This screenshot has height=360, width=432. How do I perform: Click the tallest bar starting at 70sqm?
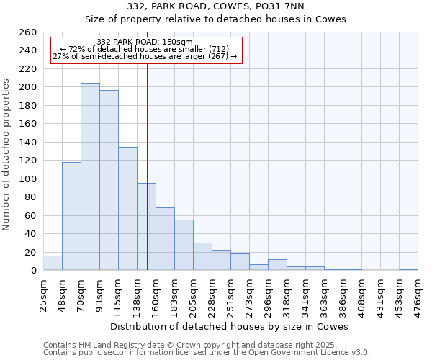click(90, 176)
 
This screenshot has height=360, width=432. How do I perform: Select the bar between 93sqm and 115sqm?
click(109, 180)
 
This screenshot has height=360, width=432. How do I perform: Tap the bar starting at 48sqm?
click(71, 216)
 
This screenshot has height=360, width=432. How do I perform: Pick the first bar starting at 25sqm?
click(53, 264)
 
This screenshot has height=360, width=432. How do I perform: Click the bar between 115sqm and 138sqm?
click(127, 209)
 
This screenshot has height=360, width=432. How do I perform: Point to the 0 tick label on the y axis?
click(34, 271)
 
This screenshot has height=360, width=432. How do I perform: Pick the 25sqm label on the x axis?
click(43, 295)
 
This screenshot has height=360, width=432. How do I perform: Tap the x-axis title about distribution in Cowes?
click(230, 326)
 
